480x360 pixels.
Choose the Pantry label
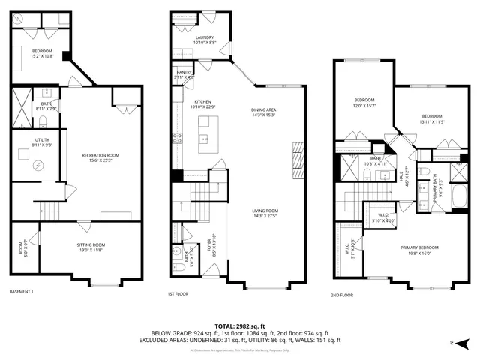coord(184,74)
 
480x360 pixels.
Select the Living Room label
coord(265,213)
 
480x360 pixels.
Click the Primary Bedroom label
coord(419,250)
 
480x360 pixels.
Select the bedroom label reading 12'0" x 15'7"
coord(364,102)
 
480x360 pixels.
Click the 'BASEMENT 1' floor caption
coord(21,291)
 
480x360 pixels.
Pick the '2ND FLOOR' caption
coord(341,295)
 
